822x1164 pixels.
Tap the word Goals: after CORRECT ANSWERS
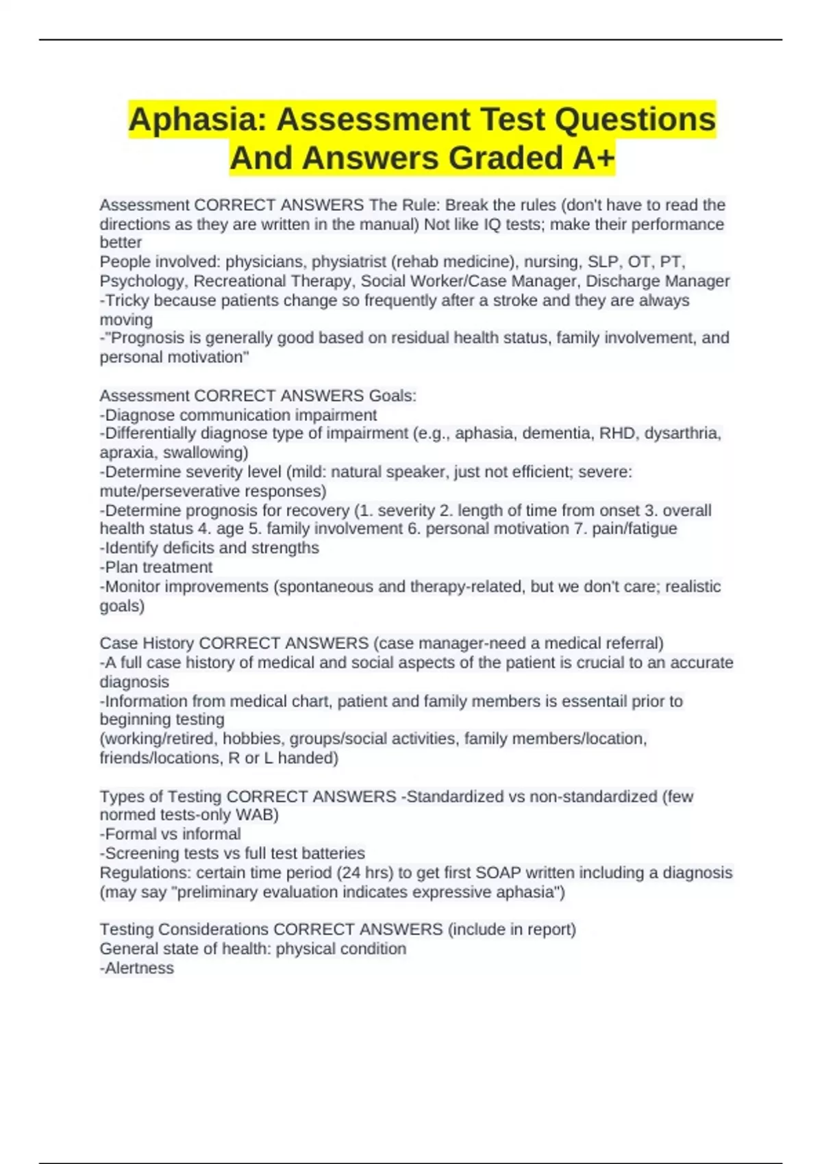[393, 396]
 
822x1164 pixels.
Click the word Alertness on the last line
[139, 968]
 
